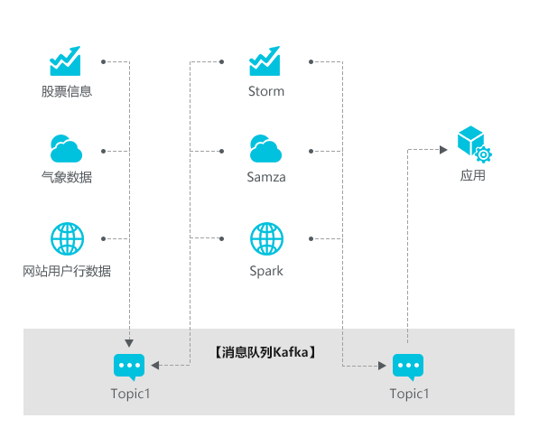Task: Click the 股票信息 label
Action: coord(67,91)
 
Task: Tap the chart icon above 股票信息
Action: coord(65,60)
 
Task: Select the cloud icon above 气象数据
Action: coord(66,149)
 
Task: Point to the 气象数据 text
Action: coord(67,177)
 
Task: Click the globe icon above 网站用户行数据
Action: coord(67,238)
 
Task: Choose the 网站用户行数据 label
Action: coord(67,271)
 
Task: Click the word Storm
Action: coord(266,91)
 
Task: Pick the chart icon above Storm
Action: coord(265,60)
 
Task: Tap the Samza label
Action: coord(266,177)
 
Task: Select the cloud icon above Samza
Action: coord(265,149)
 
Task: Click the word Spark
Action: coord(266,271)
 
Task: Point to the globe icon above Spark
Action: coord(266,238)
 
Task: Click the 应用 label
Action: coord(473,175)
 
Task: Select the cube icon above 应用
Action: coord(470,139)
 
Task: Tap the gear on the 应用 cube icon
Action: coord(483,154)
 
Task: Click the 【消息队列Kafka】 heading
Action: coord(265,352)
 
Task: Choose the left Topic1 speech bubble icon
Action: coord(129,367)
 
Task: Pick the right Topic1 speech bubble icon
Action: coord(408,367)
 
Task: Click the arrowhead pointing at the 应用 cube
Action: coord(443,150)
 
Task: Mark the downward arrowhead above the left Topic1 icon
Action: coord(129,343)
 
